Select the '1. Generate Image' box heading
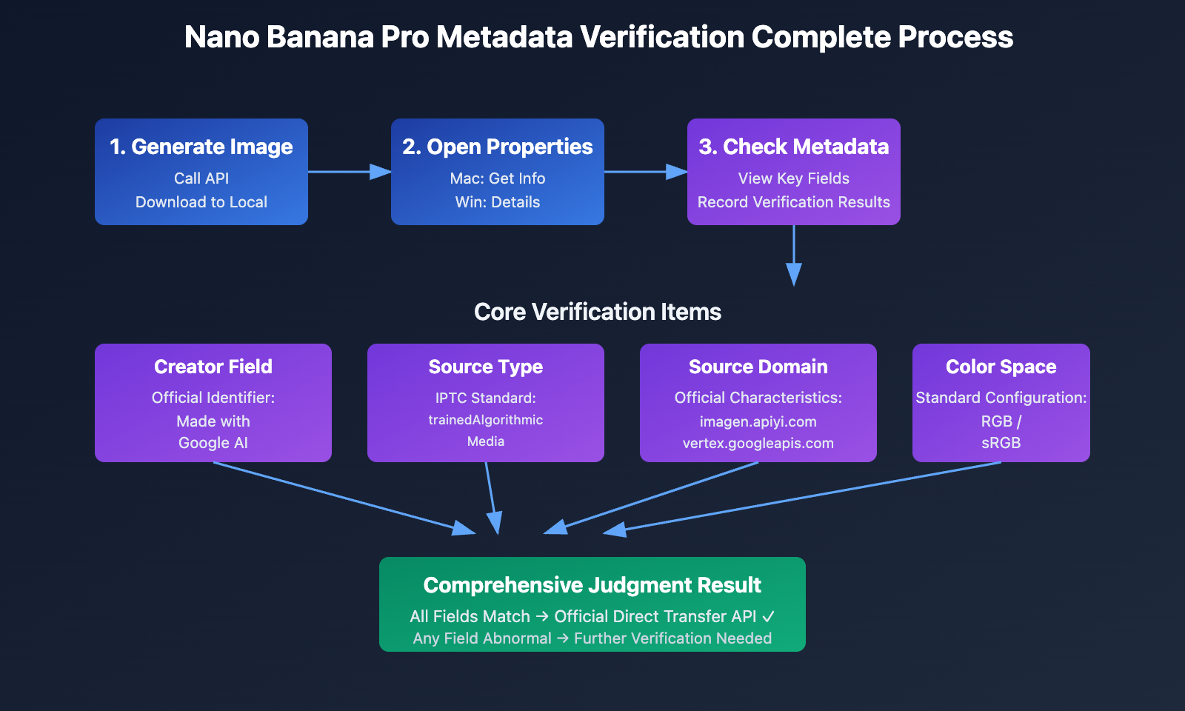[201, 147]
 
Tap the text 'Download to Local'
[201, 202]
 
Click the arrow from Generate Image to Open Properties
[349, 172]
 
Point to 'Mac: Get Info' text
[498, 178]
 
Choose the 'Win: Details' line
[498, 202]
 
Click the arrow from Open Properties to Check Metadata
[645, 172]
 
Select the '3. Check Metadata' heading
[794, 147]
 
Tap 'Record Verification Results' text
[794, 202]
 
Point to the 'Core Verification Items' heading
[598, 312]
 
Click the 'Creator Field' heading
[213, 367]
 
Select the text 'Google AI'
[213, 443]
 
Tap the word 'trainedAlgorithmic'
[486, 420]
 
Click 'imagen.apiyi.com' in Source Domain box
[758, 421]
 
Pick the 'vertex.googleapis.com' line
[758, 443]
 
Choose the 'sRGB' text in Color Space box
[1001, 443]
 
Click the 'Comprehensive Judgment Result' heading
[592, 585]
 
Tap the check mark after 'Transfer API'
[769, 616]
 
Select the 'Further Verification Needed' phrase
[672, 638]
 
